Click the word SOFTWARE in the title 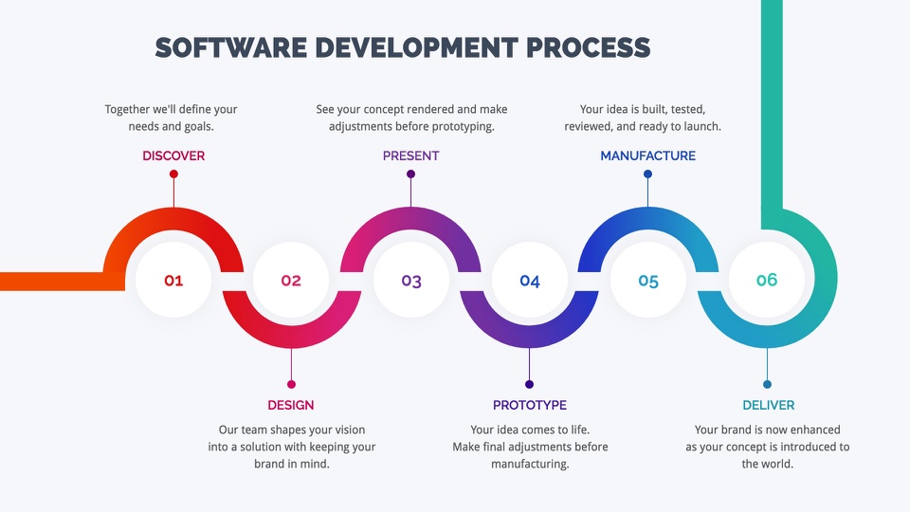pos(231,47)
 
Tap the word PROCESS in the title pos(588,47)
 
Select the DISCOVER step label pos(173,155)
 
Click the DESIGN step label pos(291,405)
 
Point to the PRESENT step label pos(410,155)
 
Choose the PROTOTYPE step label pos(530,405)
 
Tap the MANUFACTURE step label pos(647,155)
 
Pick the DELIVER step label pos(769,405)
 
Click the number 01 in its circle pos(173,281)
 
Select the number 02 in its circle pos(291,281)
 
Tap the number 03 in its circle pos(411,281)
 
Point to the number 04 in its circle pos(530,281)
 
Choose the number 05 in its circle pos(648,281)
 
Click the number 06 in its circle pos(767,281)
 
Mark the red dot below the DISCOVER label pos(173,174)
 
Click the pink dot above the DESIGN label pos(291,384)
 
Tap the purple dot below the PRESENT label pos(410,174)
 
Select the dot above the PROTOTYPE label pos(529,384)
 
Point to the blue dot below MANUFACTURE pos(647,174)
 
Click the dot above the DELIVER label pos(767,384)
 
